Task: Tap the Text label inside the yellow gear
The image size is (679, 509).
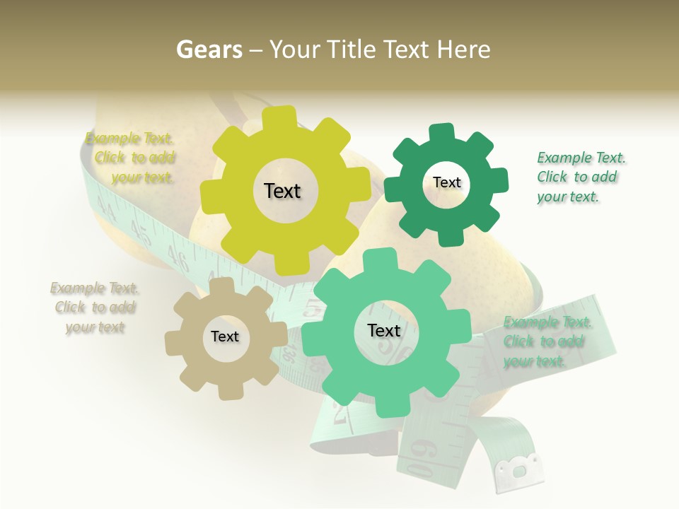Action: click(282, 191)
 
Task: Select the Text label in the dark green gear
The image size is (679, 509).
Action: click(446, 182)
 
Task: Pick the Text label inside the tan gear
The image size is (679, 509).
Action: click(225, 337)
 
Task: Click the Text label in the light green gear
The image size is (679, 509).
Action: click(384, 330)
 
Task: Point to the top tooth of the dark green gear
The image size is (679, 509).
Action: click(441, 133)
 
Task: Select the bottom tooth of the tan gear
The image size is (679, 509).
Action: click(229, 390)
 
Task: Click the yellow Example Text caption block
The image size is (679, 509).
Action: click(131, 158)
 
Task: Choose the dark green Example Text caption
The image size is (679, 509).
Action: click(581, 177)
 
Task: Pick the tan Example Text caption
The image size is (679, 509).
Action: click(95, 308)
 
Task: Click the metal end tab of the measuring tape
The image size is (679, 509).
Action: click(520, 469)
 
